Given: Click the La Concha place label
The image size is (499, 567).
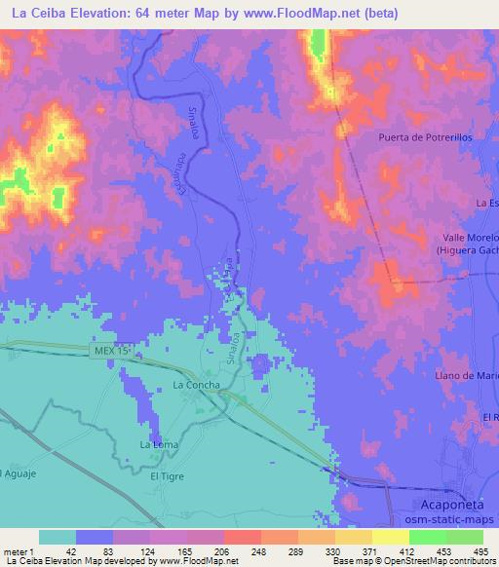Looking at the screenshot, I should tap(192, 385).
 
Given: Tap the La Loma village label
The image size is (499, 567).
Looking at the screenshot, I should tap(158, 444).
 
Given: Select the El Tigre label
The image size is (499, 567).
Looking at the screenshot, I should tap(167, 477).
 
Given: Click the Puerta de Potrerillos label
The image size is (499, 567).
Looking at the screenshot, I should tap(425, 137).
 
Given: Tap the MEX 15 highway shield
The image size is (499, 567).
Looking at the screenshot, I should tap(115, 350).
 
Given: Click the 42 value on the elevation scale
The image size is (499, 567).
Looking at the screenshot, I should tap(70, 550).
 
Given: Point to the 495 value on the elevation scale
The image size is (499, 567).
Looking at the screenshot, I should tap(481, 550).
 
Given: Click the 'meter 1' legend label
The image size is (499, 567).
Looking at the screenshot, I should tap(19, 550).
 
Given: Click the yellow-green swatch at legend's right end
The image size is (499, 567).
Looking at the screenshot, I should tap(464, 537).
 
